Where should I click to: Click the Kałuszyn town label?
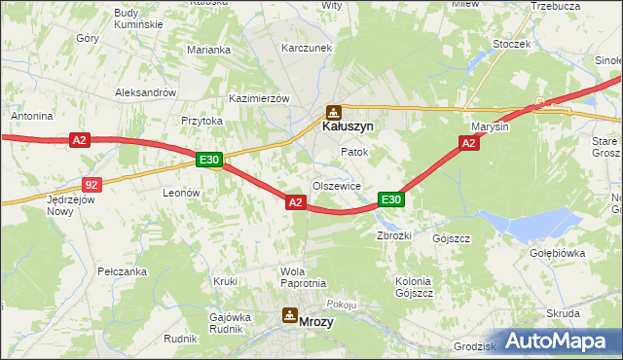click(x=348, y=126)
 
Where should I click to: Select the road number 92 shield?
click(x=91, y=184)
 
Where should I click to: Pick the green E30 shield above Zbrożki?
click(x=390, y=199)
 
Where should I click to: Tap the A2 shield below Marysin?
click(x=468, y=143)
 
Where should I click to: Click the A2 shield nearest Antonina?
click(x=80, y=141)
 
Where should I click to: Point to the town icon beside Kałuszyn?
click(x=334, y=112)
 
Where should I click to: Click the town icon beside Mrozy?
click(x=289, y=315)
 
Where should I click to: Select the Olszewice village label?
click(x=337, y=186)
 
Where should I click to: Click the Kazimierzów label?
click(x=260, y=99)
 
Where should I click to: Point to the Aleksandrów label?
click(x=145, y=92)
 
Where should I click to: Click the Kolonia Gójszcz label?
click(x=413, y=286)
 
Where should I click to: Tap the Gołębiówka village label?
click(x=557, y=252)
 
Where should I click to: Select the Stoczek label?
click(x=511, y=44)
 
